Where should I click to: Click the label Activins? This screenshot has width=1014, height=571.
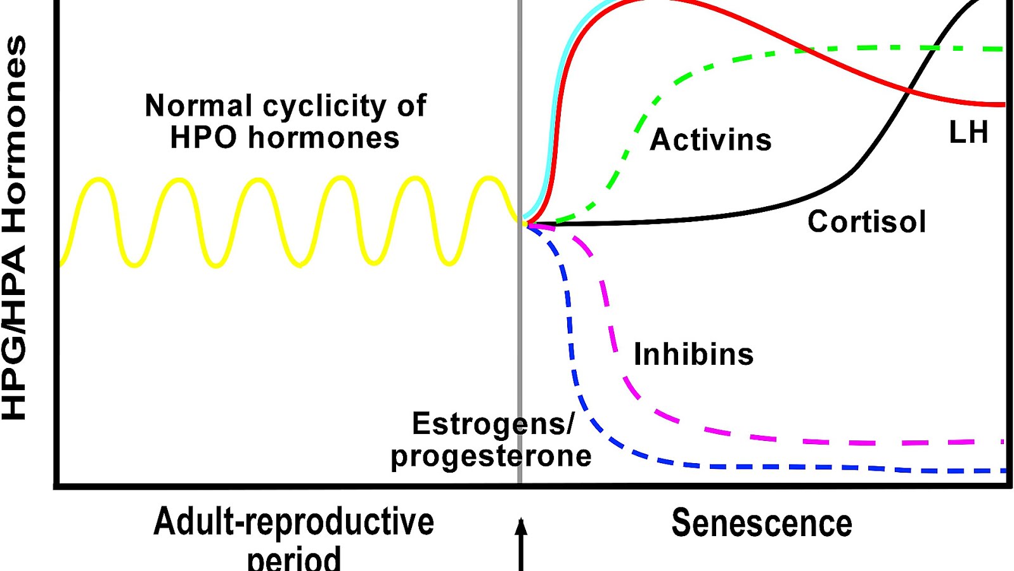(x=710, y=140)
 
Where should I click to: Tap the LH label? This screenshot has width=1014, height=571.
(x=968, y=133)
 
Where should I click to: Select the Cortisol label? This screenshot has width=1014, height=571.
(x=866, y=222)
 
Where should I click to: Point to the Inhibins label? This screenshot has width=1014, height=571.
(x=694, y=354)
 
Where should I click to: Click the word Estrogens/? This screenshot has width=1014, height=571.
(x=493, y=424)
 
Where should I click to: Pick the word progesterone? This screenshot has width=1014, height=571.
(x=491, y=456)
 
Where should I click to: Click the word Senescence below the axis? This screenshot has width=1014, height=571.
(x=762, y=523)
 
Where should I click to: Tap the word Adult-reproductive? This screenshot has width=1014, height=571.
(x=293, y=522)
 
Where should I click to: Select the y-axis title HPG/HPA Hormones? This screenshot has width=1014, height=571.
(x=15, y=228)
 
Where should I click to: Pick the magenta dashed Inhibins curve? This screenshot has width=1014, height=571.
(x=824, y=442)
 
